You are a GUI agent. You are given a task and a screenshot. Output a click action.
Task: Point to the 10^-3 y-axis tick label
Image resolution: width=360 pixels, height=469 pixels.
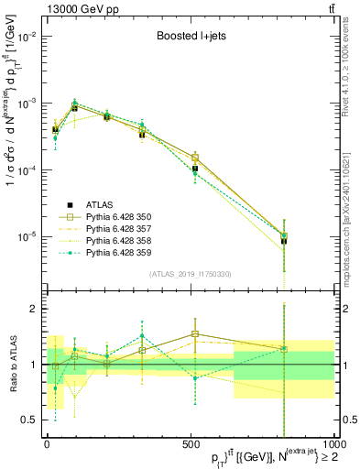click(29, 104)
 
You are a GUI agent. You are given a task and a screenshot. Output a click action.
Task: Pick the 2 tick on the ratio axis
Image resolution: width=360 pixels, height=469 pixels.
click(35, 310)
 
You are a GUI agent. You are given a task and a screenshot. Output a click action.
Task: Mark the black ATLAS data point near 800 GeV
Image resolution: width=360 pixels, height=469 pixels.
click(284, 241)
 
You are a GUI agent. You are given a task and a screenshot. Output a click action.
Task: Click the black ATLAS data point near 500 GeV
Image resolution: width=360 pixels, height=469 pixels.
click(195, 169)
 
